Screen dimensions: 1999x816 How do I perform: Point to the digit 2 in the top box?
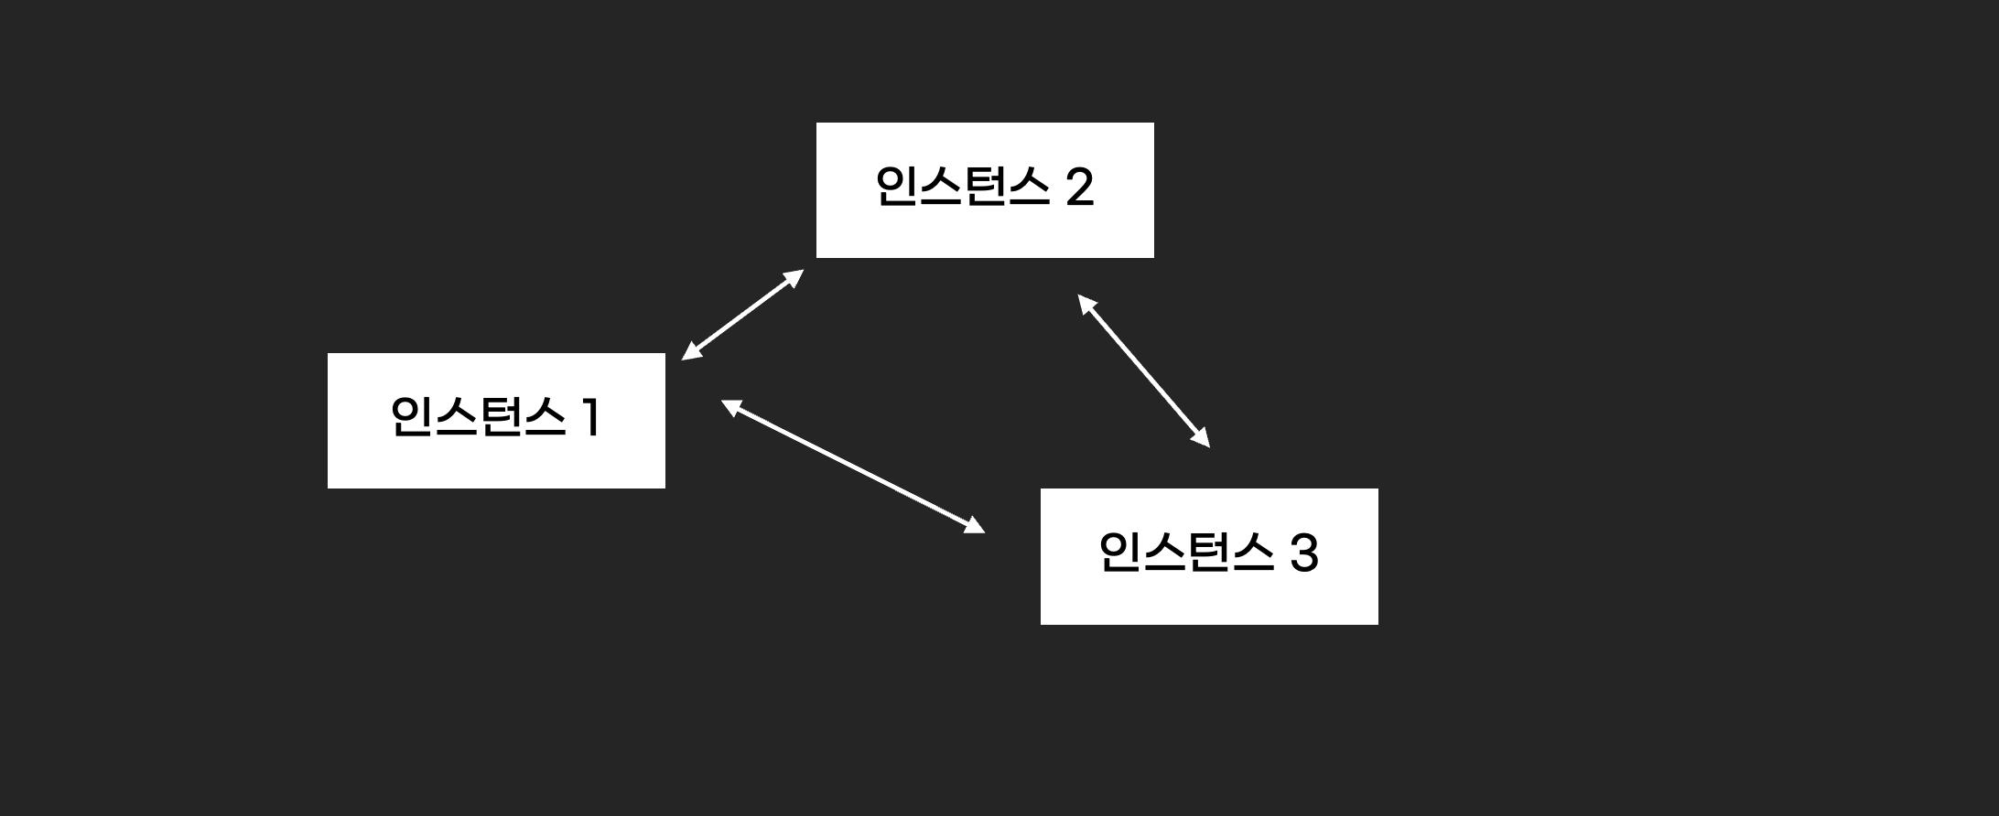[x=1080, y=188]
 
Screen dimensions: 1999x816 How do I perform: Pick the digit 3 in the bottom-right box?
[x=1303, y=554]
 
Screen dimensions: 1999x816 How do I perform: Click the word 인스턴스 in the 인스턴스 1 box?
[x=477, y=417]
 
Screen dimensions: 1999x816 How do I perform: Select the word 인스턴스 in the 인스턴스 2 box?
[x=962, y=187]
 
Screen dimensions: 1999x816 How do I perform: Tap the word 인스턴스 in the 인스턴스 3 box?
[x=1186, y=553]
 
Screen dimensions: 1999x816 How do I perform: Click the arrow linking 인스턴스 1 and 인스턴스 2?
[x=742, y=315]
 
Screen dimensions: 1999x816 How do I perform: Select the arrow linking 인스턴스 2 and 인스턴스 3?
[x=1144, y=370]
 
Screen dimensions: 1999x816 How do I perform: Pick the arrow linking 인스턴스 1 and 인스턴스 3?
[x=853, y=466]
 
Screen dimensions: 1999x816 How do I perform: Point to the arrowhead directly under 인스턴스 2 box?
[x=1085, y=302]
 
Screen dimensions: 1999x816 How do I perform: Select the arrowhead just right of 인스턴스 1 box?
[x=729, y=406]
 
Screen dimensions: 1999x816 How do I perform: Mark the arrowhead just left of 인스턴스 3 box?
[x=976, y=526]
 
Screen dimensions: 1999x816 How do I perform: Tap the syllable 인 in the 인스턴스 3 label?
[x=1118, y=553]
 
